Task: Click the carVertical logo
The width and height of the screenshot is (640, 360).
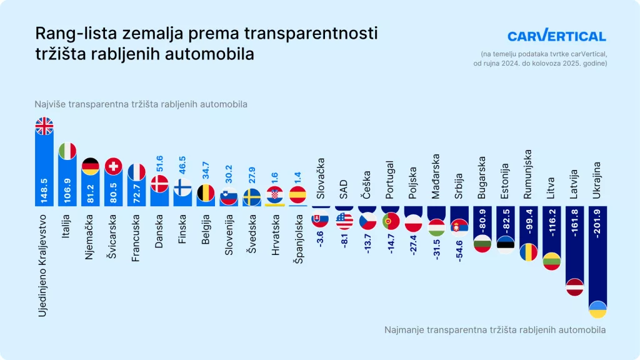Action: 556,36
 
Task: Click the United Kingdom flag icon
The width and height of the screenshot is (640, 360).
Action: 44,126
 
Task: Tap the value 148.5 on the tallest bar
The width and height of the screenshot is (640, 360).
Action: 44,185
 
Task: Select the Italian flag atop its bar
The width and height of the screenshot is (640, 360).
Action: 67,151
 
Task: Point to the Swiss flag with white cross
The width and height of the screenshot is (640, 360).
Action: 113,166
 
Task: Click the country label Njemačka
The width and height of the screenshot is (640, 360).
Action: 90,234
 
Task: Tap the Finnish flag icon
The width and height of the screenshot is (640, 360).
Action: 182,187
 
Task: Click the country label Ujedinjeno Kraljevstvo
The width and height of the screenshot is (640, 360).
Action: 44,262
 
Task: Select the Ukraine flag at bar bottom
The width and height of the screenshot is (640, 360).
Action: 598,309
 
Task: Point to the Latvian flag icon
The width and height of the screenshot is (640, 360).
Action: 575,287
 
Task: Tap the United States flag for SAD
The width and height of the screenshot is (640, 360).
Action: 344,221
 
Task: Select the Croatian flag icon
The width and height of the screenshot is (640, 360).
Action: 275,195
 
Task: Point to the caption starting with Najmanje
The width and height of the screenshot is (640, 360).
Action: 495,329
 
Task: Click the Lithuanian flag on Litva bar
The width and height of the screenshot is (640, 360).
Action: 551,261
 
